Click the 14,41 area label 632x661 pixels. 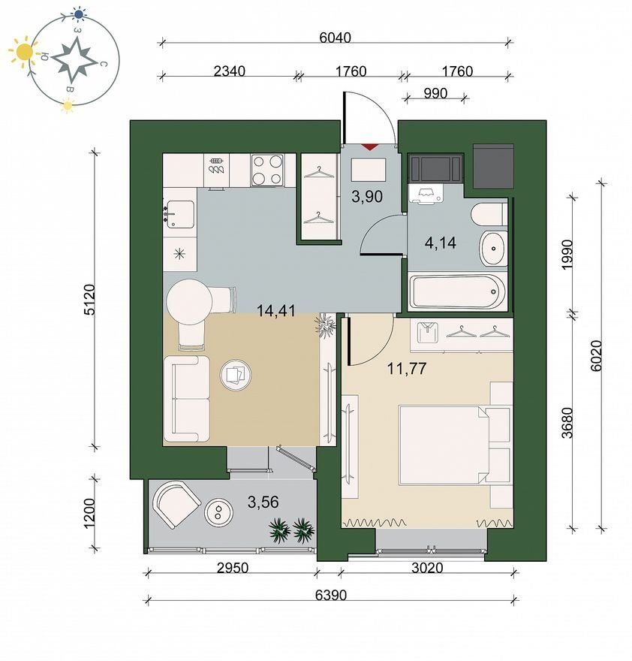[276, 311]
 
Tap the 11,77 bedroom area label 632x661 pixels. [407, 369]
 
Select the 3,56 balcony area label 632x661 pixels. [263, 502]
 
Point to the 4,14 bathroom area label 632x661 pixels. [441, 243]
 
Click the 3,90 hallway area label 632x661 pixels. [367, 196]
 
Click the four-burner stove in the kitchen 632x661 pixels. [267, 171]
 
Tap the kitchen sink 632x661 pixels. [180, 214]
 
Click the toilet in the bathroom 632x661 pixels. [489, 215]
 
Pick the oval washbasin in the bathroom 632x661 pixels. [493, 249]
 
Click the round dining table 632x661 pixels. [189, 302]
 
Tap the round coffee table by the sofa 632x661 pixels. [236, 375]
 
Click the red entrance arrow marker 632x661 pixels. [369, 147]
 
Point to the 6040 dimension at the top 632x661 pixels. [335, 38]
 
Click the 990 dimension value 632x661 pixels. [435, 93]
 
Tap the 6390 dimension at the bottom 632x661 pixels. [331, 595]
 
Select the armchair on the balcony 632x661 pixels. [177, 505]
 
